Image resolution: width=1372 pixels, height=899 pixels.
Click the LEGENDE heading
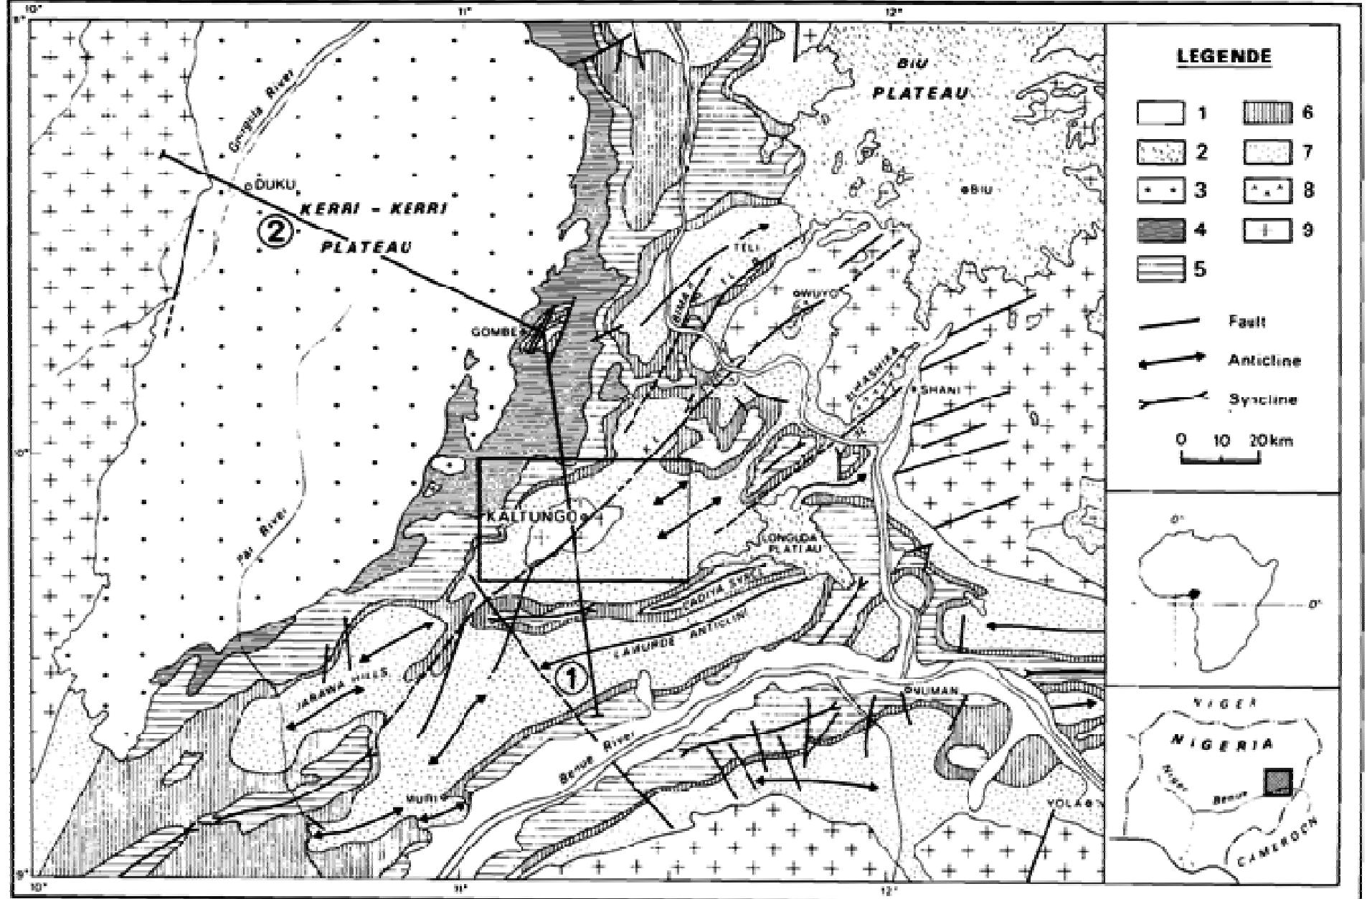click(x=1224, y=57)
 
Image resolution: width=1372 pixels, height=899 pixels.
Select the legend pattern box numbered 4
click(x=1160, y=230)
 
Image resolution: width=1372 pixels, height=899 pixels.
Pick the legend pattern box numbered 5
click(x=1160, y=270)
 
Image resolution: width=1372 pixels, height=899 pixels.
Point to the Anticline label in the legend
click(x=1263, y=361)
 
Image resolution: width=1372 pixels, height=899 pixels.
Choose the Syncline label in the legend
click(x=1262, y=399)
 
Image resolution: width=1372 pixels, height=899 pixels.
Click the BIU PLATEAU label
click(x=919, y=79)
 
